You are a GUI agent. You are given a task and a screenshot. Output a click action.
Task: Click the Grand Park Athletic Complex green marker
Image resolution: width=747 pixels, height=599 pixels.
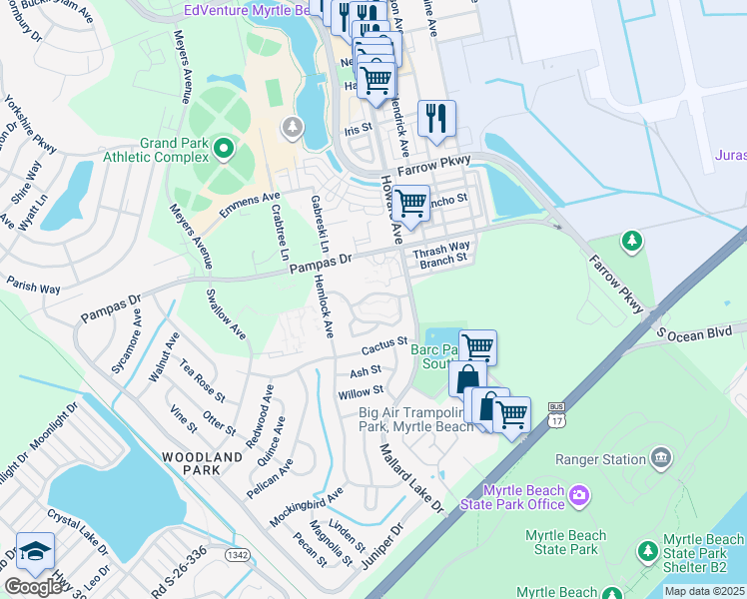tap(223, 151)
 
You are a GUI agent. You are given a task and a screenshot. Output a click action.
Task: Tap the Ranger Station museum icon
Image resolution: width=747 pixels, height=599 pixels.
tap(659, 458)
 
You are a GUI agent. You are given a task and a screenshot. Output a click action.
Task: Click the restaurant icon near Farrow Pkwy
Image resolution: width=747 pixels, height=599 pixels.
tap(436, 117)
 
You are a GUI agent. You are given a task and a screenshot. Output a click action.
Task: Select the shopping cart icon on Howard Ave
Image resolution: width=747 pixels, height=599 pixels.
tap(410, 203)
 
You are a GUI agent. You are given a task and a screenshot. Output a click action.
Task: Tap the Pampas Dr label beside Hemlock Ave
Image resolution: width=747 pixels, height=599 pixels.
tap(322, 264)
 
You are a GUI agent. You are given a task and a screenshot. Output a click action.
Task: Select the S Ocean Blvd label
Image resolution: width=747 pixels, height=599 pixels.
tap(700, 332)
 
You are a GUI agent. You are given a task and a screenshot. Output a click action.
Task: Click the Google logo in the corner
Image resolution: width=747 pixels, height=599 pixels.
tap(33, 586)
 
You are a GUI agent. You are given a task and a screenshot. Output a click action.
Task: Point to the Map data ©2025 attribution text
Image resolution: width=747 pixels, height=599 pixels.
tap(704, 591)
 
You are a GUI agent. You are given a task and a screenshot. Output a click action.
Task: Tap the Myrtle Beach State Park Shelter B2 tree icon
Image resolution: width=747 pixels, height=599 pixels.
tap(647, 551)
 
